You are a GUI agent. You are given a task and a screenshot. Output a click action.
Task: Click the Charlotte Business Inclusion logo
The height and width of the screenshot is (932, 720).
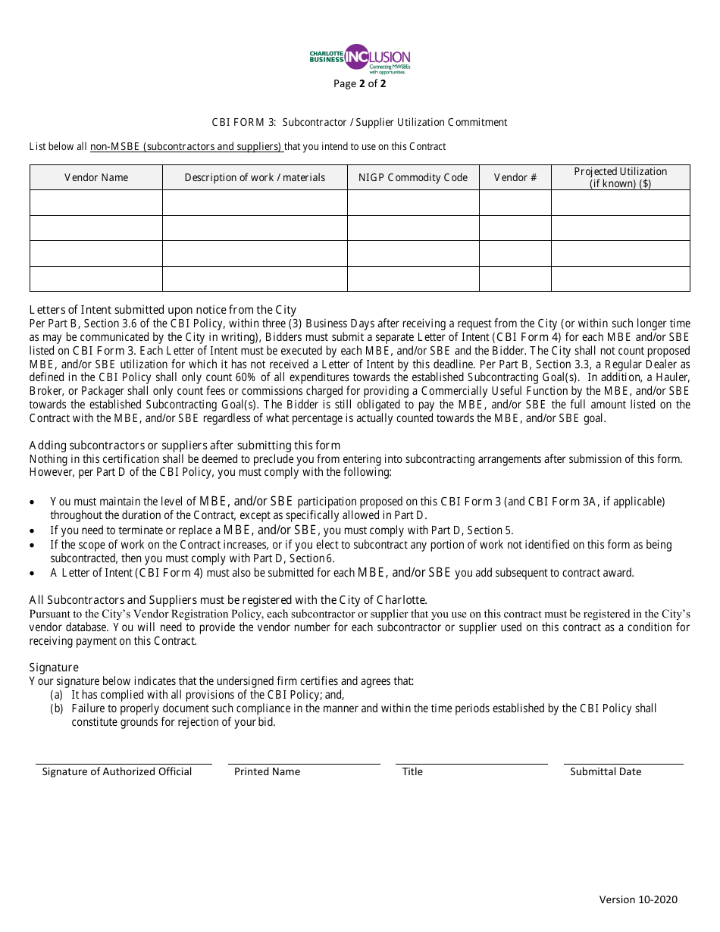click(359, 58)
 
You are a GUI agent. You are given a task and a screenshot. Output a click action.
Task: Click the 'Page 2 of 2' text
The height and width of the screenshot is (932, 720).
click(359, 83)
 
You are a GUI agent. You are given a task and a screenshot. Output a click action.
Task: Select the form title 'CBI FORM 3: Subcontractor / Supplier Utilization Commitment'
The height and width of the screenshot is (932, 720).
click(359, 122)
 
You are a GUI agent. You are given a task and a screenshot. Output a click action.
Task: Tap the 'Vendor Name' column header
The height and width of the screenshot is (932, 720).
click(96, 177)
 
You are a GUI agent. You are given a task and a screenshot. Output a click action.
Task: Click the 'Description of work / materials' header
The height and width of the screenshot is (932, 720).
click(255, 177)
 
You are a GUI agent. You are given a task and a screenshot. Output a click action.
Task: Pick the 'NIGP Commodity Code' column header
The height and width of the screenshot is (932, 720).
click(413, 177)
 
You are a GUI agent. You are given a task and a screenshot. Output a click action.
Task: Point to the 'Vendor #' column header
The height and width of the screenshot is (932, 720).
click(515, 177)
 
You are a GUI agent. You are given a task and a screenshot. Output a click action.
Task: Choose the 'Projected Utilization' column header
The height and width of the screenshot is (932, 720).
click(620, 177)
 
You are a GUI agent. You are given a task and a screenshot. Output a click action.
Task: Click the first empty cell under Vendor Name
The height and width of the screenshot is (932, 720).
click(96, 202)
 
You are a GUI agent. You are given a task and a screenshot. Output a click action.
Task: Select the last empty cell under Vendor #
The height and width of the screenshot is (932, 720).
click(515, 279)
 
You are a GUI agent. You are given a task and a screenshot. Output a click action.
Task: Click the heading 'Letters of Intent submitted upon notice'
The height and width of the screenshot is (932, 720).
click(162, 309)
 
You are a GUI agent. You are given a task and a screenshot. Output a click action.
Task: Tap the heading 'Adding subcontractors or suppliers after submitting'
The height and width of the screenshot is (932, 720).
click(184, 445)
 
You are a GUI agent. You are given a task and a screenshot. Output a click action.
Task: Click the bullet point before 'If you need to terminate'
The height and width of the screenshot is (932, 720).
click(32, 530)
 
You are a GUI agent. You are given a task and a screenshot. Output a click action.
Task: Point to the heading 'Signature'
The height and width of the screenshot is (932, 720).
click(53, 667)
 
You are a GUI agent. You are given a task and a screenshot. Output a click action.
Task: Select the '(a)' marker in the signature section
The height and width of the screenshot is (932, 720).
click(56, 695)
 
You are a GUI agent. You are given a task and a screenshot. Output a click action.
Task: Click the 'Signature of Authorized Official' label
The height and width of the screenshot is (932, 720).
click(117, 771)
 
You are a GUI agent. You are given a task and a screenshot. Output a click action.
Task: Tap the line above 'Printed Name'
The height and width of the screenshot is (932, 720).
click(304, 764)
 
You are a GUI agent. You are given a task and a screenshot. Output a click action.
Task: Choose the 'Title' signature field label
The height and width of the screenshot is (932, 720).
click(412, 771)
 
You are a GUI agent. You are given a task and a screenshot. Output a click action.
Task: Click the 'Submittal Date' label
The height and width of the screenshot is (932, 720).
click(606, 771)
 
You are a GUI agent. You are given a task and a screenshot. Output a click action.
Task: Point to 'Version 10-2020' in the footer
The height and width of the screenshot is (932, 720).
click(638, 899)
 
